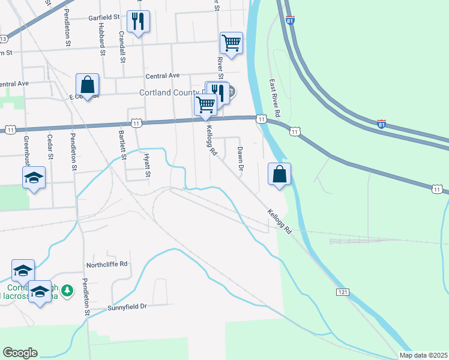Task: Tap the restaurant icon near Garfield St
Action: (139, 22)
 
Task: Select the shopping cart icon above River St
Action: (231, 43)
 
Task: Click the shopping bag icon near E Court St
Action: (87, 85)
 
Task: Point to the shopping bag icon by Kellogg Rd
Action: (279, 175)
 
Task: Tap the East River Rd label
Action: (275, 98)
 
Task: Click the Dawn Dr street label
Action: (240, 158)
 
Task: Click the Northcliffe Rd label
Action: (107, 263)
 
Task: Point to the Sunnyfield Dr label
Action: (118, 307)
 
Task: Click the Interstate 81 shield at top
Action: (290, 21)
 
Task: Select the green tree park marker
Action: (68, 290)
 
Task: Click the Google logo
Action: (20, 353)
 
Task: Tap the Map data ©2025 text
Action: (423, 355)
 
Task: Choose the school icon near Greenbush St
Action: (34, 178)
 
